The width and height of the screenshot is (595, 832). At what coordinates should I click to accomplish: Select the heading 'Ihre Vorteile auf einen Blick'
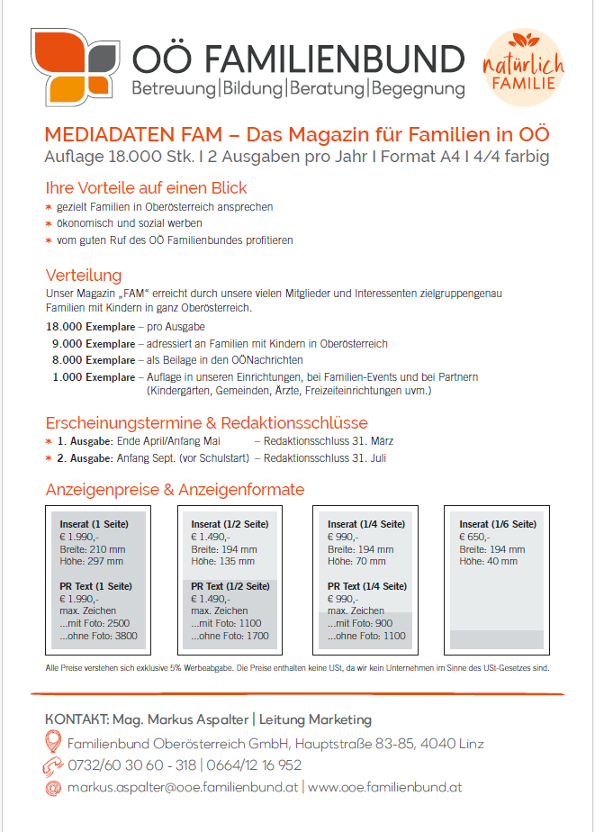click(146, 188)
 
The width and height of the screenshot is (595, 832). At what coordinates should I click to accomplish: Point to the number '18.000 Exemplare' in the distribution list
click(89, 326)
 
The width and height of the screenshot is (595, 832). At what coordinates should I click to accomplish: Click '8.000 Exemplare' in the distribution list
click(93, 359)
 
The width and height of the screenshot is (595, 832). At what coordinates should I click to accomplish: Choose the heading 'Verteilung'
click(84, 276)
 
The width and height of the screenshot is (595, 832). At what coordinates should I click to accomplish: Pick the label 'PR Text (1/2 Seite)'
click(230, 586)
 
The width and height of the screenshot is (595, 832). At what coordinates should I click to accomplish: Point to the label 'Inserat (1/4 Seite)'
click(365, 524)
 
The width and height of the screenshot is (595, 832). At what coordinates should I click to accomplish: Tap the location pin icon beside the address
click(54, 743)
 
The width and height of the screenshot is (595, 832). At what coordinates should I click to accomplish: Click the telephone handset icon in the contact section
click(54, 765)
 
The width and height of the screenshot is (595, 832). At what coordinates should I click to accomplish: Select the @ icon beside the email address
click(54, 787)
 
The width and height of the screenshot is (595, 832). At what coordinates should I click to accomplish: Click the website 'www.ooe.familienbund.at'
click(385, 787)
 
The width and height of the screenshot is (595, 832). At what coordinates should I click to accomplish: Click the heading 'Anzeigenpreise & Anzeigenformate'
click(175, 490)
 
